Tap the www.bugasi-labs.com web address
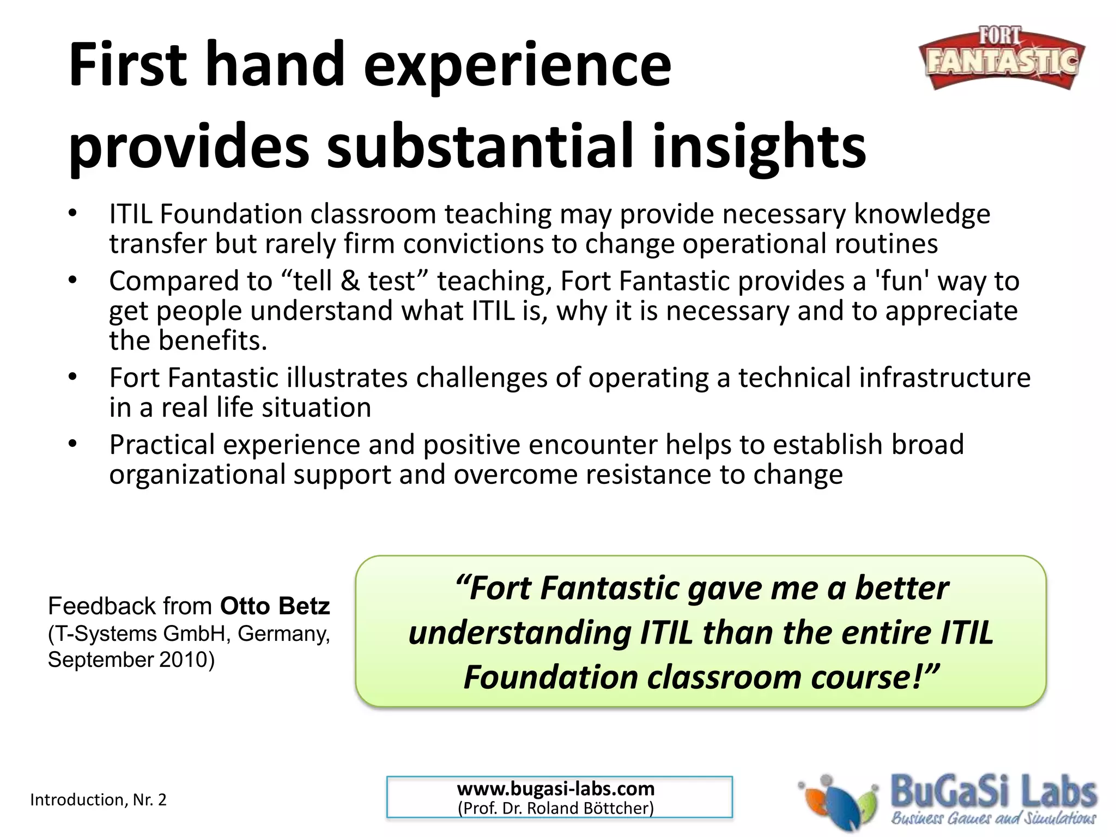pos(556,789)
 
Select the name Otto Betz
pos(275,606)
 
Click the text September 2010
pos(131,660)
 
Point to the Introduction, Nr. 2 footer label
pos(98,799)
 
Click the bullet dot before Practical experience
pos(73,444)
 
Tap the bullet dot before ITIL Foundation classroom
pos(73,213)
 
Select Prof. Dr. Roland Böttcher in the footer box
pos(556,808)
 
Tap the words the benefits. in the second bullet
pos(188,340)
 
